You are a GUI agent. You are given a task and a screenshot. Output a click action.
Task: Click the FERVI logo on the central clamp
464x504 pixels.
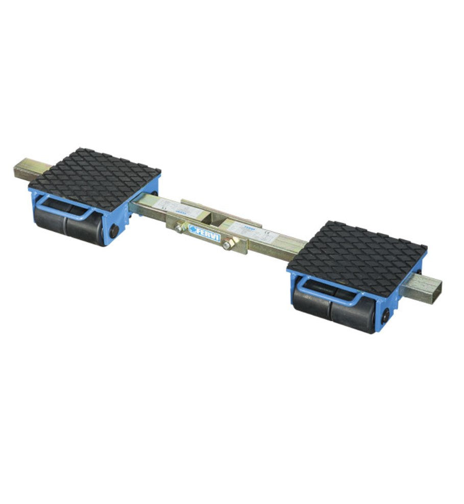tap(204, 229)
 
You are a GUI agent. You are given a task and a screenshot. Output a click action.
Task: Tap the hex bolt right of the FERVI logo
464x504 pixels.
tap(226, 245)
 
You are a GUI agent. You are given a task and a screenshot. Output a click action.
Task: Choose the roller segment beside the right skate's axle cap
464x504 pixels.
tap(352, 315)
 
